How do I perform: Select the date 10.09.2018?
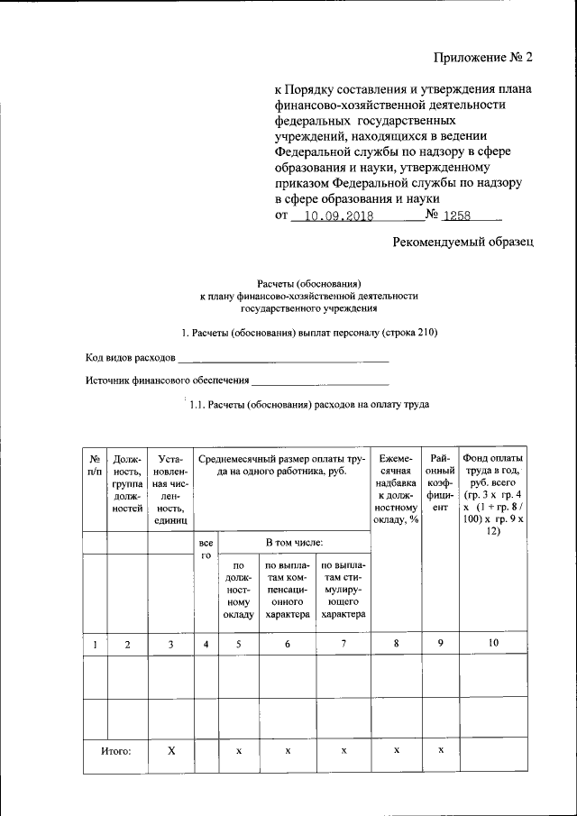coord(333,217)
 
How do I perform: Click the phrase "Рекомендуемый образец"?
coord(463,242)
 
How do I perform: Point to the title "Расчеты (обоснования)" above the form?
coord(309,282)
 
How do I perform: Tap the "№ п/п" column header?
coord(94,464)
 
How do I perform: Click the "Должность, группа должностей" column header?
coord(127,483)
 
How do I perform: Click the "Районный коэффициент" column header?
coord(440,483)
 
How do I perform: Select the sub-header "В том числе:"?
coord(294,543)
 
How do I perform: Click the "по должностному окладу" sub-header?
coord(239,590)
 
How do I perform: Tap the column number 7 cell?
coord(343,644)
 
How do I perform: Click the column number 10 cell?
coord(492,644)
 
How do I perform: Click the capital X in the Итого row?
coord(171,750)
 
